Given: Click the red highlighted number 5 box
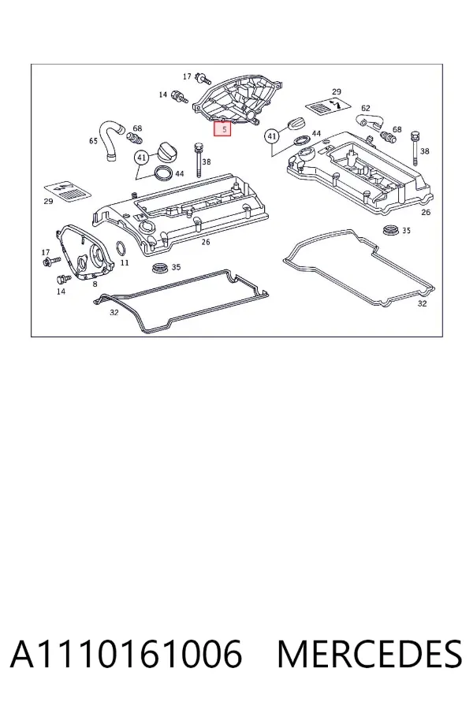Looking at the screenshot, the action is point(222,129).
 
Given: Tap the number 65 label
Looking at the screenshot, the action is point(93,141).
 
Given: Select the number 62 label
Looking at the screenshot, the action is point(366,108).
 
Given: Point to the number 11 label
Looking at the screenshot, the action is point(125,262).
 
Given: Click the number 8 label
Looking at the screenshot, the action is point(95,284).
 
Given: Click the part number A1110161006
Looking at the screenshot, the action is point(126,655).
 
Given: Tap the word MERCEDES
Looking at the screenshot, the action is point(370,655).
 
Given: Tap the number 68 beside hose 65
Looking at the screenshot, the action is point(137,129).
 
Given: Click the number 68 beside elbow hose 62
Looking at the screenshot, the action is point(397,129).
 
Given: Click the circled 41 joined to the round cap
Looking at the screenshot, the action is point(142,158).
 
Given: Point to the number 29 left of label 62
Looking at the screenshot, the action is point(337,92).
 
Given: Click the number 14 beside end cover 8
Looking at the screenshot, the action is point(61,291).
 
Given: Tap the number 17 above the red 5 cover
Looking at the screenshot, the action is point(187,77).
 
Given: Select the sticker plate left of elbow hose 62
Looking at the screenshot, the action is point(328,106).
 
